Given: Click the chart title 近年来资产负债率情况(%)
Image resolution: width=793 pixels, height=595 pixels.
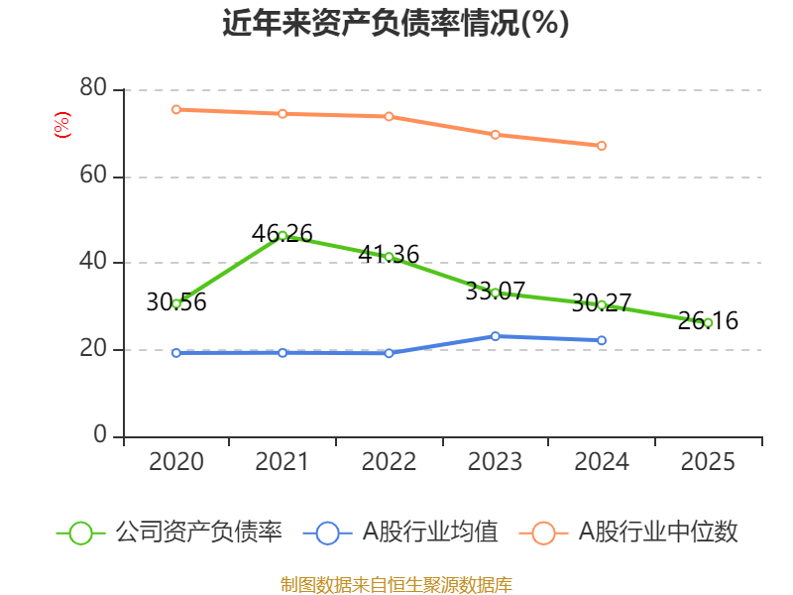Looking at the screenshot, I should click(x=396, y=24).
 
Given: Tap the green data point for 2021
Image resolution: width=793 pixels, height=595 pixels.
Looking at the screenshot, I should click(x=283, y=235).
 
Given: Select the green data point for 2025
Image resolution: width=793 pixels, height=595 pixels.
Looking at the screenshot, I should click(x=708, y=322).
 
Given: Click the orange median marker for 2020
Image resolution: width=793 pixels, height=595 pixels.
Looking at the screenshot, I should click(x=175, y=109).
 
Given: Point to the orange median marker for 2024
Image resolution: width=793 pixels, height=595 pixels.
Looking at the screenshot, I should click(x=602, y=146).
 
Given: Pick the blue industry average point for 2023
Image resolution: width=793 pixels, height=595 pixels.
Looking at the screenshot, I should click(x=495, y=336).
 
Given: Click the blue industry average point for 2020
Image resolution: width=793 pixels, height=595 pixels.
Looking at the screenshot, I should click(x=175, y=352).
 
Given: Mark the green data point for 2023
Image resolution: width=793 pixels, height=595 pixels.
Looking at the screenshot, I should click(x=495, y=293).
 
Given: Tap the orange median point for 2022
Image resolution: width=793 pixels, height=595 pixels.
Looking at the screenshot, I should click(x=389, y=116).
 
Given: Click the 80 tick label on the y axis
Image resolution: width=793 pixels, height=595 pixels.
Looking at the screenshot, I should click(x=93, y=89).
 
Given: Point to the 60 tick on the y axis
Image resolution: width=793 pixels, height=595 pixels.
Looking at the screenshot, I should click(x=93, y=177).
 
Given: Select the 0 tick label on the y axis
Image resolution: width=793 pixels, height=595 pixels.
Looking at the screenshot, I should click(x=101, y=436).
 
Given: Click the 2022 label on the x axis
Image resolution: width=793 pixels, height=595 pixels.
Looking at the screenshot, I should click(x=389, y=462).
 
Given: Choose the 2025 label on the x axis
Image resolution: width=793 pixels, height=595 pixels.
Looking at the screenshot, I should click(x=708, y=462).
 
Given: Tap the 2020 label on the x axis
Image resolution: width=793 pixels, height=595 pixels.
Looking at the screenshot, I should click(x=175, y=462).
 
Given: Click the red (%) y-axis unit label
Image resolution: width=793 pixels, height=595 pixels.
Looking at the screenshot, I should click(x=61, y=126).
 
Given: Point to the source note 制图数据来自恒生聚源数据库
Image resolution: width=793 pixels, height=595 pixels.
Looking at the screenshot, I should click(x=396, y=584).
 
